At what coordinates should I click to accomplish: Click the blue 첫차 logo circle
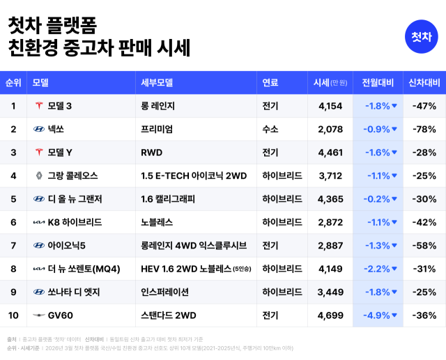click(x=420, y=36)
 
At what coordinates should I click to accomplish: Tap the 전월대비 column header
click(x=378, y=83)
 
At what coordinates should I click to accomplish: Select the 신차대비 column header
click(x=424, y=83)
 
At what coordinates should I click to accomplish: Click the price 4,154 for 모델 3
click(x=330, y=106)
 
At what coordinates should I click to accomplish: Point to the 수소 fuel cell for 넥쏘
click(x=270, y=129)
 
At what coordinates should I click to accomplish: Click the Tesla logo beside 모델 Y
click(x=39, y=152)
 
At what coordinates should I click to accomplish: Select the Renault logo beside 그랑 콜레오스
click(x=39, y=175)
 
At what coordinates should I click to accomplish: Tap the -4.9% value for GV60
click(x=377, y=315)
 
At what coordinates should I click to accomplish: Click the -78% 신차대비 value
click(x=424, y=129)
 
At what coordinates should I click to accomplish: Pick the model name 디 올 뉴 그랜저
click(x=75, y=199)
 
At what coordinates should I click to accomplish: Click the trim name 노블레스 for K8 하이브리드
click(x=157, y=222)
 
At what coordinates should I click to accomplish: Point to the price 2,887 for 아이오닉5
click(x=330, y=245)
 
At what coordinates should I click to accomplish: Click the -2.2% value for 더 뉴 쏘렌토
click(x=377, y=269)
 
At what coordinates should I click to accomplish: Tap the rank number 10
click(x=13, y=315)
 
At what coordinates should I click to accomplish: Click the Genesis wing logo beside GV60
click(x=39, y=315)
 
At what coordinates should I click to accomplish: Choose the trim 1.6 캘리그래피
click(x=168, y=199)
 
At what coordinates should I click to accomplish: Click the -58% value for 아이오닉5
click(x=424, y=245)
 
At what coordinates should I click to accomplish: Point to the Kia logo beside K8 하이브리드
click(x=39, y=222)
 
